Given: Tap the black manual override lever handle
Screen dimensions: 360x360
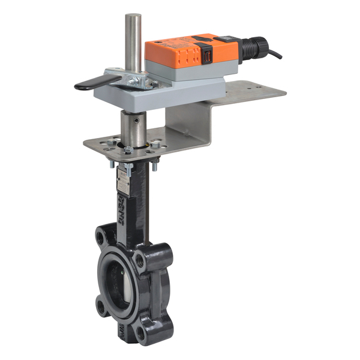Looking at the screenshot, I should (90, 84).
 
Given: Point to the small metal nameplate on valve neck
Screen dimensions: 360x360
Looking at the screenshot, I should (123, 178).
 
